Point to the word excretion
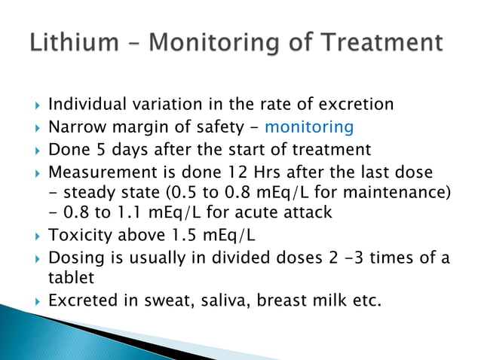pos(356,105)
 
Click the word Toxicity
pos(79,235)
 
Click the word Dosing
pos(73,257)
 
